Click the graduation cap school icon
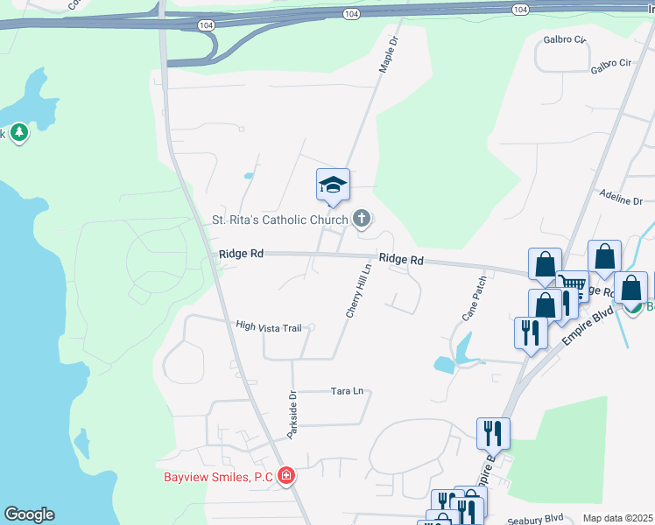coord(333,185)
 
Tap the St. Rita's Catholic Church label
coord(280,219)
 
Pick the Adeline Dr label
coord(622,199)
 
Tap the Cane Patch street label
coord(474,297)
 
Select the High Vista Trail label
coord(268,326)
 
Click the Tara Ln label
coord(346,391)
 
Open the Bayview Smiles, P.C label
coord(219,477)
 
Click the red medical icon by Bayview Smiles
coord(285,477)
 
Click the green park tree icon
coord(19,133)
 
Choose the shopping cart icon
coord(571,283)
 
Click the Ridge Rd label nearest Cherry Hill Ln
coord(401,260)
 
